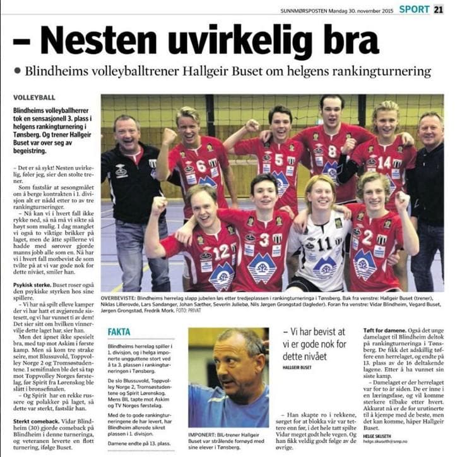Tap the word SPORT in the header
(x=414, y=9)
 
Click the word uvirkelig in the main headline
(x=249, y=40)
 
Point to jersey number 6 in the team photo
(x=200, y=166)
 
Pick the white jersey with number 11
(x=324, y=243)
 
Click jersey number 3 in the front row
(x=264, y=240)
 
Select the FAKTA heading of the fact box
(x=119, y=331)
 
